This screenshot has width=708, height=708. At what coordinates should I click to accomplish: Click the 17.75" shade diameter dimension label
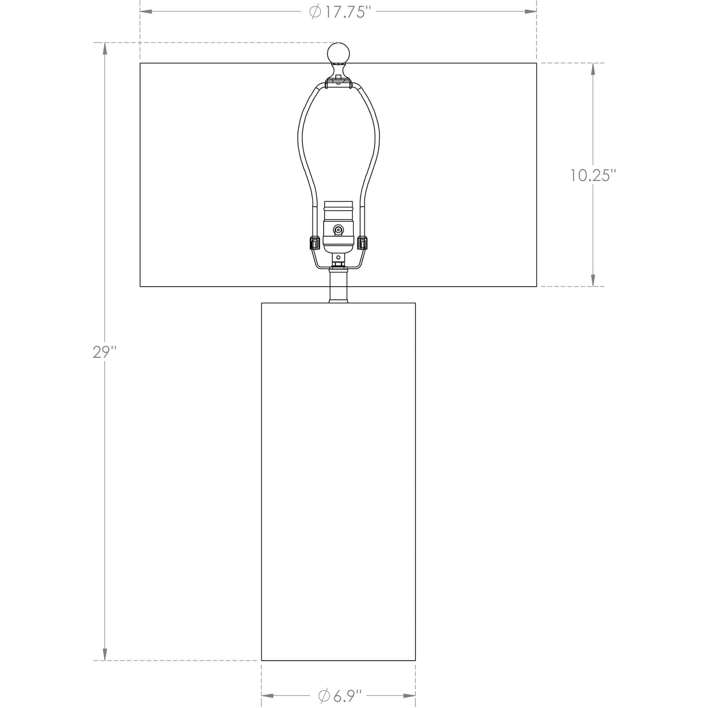[x=337, y=12]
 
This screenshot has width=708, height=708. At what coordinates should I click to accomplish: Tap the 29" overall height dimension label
[x=104, y=352]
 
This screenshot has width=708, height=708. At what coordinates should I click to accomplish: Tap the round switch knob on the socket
[x=338, y=230]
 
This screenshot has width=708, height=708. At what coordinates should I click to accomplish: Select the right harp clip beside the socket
[x=362, y=243]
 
